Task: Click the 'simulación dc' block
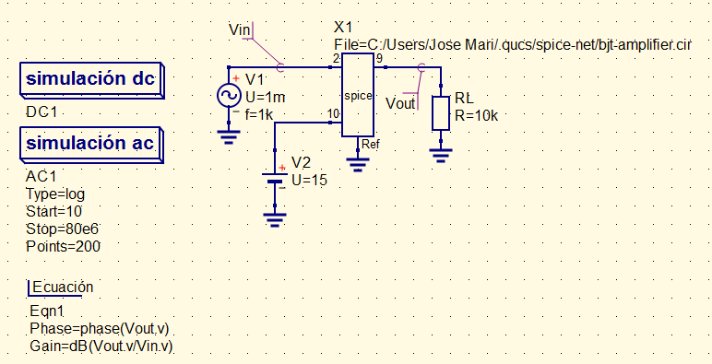(90, 81)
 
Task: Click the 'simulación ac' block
(90, 144)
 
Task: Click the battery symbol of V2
(274, 178)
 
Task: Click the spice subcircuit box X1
(357, 95)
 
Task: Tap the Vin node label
(240, 29)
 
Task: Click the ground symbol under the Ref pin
(357, 163)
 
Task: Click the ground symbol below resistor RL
(442, 152)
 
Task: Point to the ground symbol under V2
(274, 217)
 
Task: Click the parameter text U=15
(309, 180)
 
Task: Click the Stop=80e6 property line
(62, 229)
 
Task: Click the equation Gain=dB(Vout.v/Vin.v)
(101, 346)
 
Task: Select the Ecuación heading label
(62, 288)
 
